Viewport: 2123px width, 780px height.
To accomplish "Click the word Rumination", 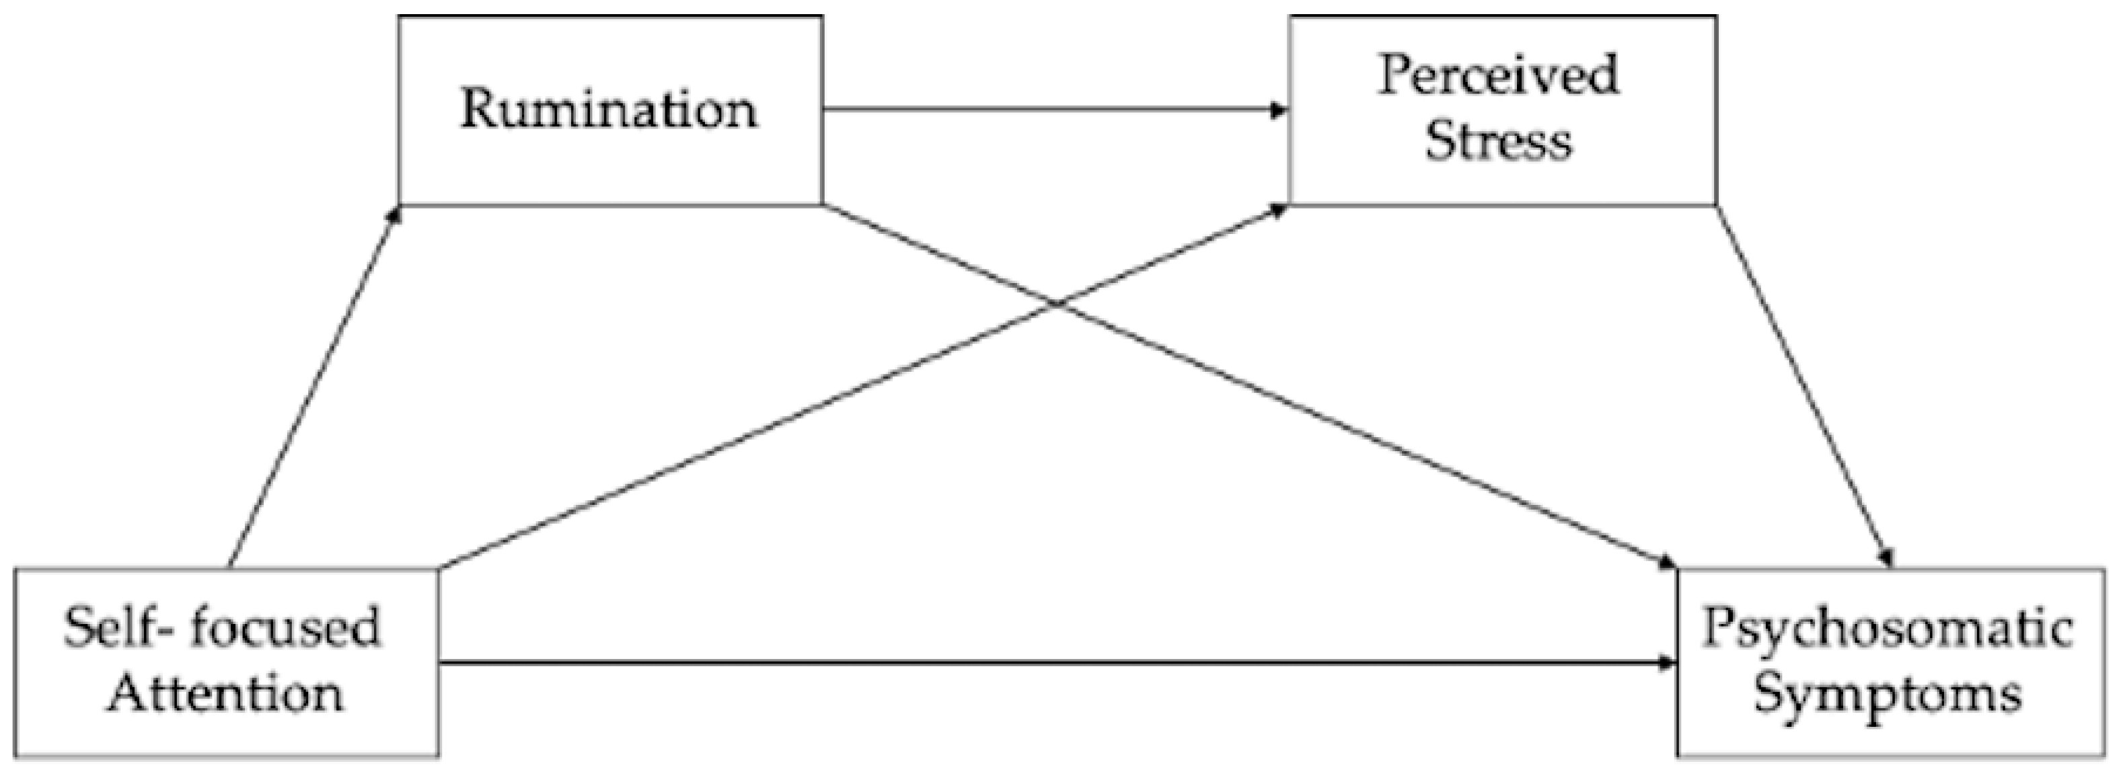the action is tap(609, 110).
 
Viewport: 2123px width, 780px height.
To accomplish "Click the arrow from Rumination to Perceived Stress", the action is tap(1055, 110).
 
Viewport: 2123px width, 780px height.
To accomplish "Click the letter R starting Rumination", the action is tap(479, 110).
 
